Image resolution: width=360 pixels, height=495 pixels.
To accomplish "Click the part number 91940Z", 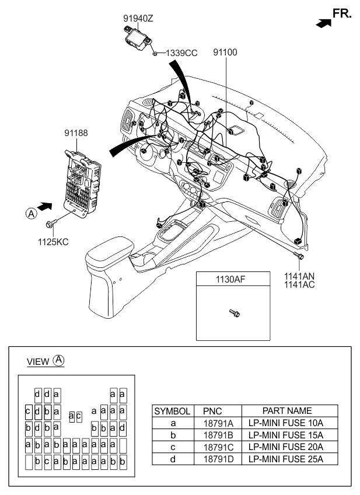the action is pos(138,19).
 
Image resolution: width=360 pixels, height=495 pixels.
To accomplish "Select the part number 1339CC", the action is pos(181,53).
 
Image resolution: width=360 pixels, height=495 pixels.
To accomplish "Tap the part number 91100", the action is pos(225,52).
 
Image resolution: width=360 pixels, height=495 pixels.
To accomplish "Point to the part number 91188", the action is pos(76,133).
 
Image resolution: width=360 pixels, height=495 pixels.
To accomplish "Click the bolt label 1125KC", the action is pos(53,242).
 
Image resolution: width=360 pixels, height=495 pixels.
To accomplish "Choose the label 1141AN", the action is pos(299,276).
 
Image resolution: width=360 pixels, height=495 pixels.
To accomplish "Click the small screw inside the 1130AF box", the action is pos(235,313).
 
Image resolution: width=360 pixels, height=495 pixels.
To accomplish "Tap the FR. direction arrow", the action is pos(324,23).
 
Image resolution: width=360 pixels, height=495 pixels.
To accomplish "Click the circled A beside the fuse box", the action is pos(32,214).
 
